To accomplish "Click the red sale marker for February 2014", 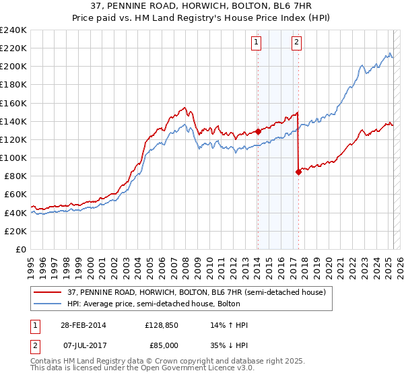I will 258,132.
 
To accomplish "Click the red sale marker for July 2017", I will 298,172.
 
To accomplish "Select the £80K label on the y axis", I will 14,176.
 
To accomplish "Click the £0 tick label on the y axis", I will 21,249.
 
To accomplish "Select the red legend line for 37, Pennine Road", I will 46,292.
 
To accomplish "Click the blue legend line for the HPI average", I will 46,304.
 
